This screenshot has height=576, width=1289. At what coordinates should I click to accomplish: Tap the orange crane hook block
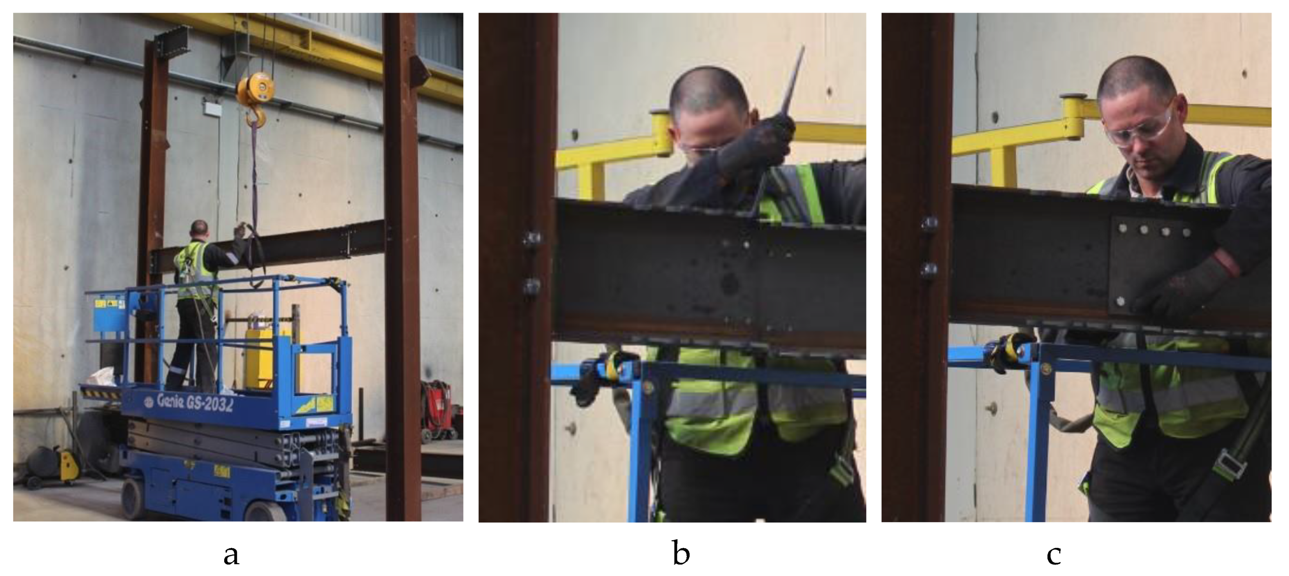pos(256,89)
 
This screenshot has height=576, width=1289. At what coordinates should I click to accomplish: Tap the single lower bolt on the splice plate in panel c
pos(1120,301)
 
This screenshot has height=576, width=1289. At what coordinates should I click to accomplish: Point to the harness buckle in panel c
pos(1229,463)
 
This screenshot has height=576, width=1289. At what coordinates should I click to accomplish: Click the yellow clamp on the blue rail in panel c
pos(1011,351)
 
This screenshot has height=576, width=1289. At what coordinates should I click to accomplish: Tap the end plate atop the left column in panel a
pos(173,40)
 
